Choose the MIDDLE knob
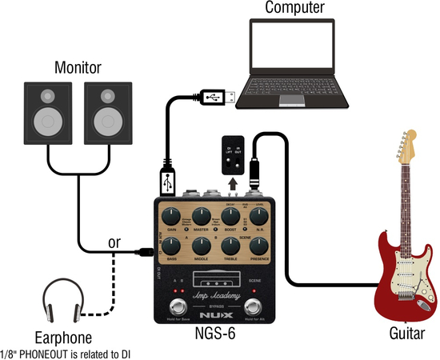tap(202, 246)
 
